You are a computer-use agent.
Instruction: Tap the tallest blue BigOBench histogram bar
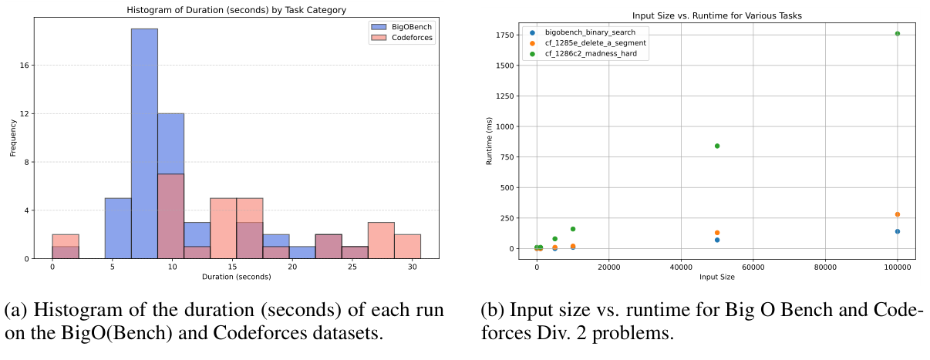click(x=144, y=143)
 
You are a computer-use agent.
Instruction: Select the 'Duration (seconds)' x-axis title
click(x=237, y=276)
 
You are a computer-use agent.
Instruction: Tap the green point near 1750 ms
click(x=897, y=34)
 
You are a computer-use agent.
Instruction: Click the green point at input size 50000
click(x=717, y=146)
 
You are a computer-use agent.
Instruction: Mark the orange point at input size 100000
click(x=897, y=214)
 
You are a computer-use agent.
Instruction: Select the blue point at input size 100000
click(x=897, y=231)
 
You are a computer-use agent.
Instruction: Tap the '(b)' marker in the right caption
click(x=493, y=311)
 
